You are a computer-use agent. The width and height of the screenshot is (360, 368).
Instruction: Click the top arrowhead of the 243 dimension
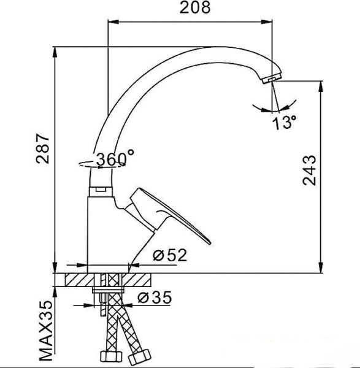321,83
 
